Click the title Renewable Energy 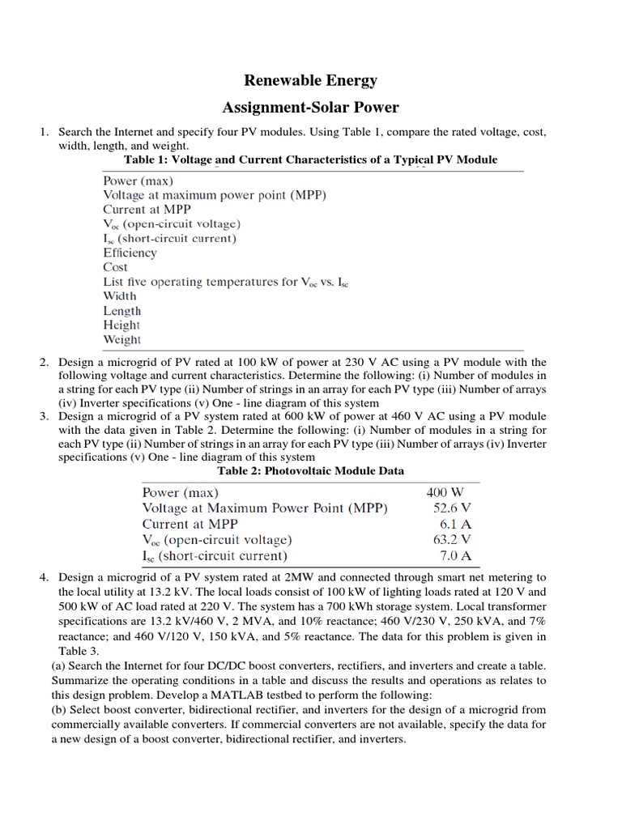coord(311,80)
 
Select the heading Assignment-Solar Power coord(311,108)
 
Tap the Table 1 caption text coord(310,159)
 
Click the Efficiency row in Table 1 coord(130,253)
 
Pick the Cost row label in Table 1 coord(115,267)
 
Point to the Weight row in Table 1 coord(121,339)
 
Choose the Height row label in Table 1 coord(121,325)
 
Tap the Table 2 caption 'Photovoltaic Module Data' coord(311,470)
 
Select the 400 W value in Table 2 coord(445,492)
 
